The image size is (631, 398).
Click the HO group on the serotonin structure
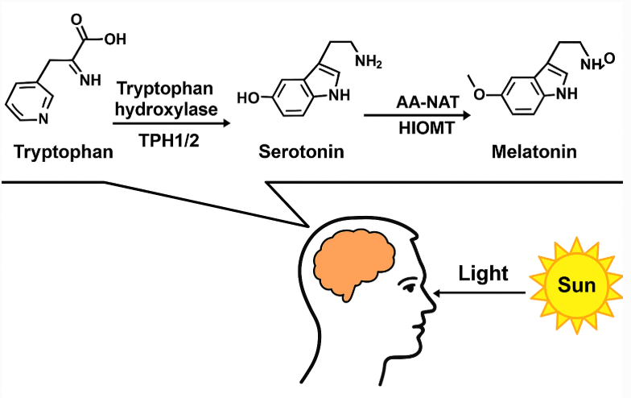[x=250, y=98]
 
